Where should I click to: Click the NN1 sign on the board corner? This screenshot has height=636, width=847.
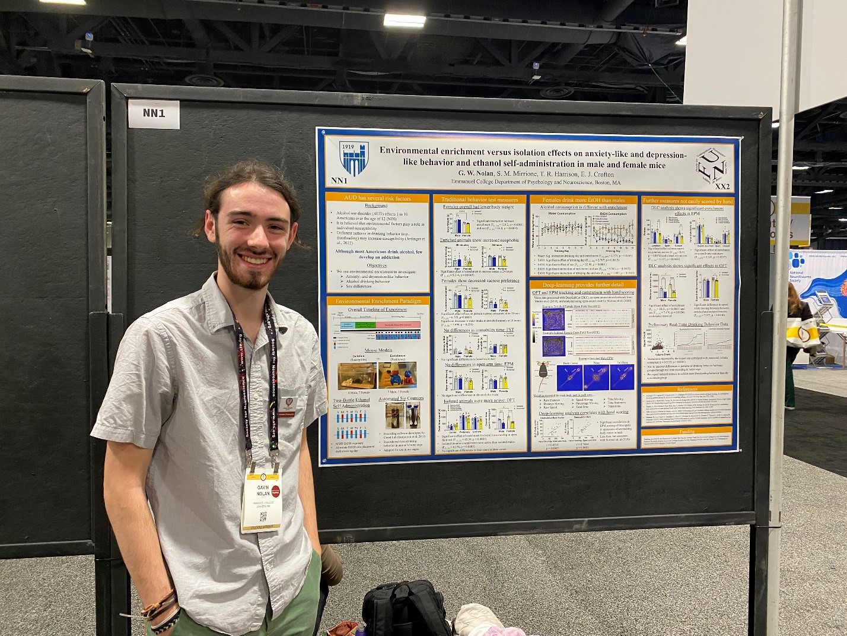tap(154, 113)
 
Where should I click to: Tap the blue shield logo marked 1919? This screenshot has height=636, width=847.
tap(354, 158)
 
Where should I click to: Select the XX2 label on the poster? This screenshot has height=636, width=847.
tap(722, 186)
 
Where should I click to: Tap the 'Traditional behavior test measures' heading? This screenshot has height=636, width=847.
tap(479, 200)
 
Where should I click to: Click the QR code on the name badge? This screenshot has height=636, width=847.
tap(263, 516)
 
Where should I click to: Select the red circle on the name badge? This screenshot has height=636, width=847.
tap(275, 490)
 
